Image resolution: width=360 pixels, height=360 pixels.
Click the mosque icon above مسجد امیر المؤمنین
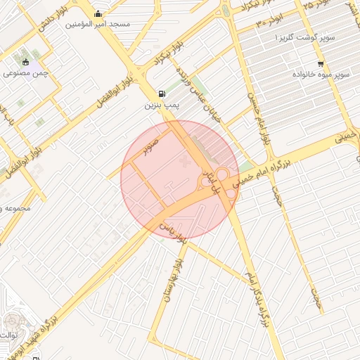[97, 13]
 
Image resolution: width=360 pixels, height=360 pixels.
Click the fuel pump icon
[163, 94]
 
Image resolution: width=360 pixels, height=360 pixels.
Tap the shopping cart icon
[321, 63]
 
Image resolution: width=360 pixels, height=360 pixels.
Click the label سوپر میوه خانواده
[321, 74]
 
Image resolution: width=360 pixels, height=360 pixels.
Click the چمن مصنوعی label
[25, 72]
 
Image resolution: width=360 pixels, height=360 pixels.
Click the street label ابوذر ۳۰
[269, 19]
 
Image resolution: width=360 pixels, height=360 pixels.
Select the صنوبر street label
[151, 145]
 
